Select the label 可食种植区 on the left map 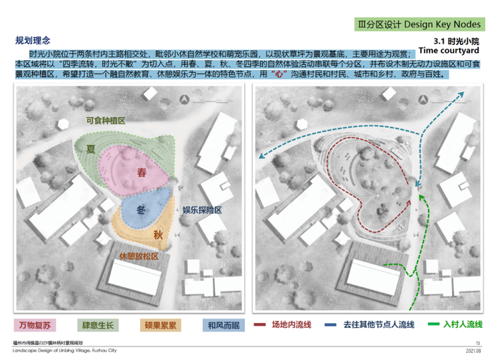105,121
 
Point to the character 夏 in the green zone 91,149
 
